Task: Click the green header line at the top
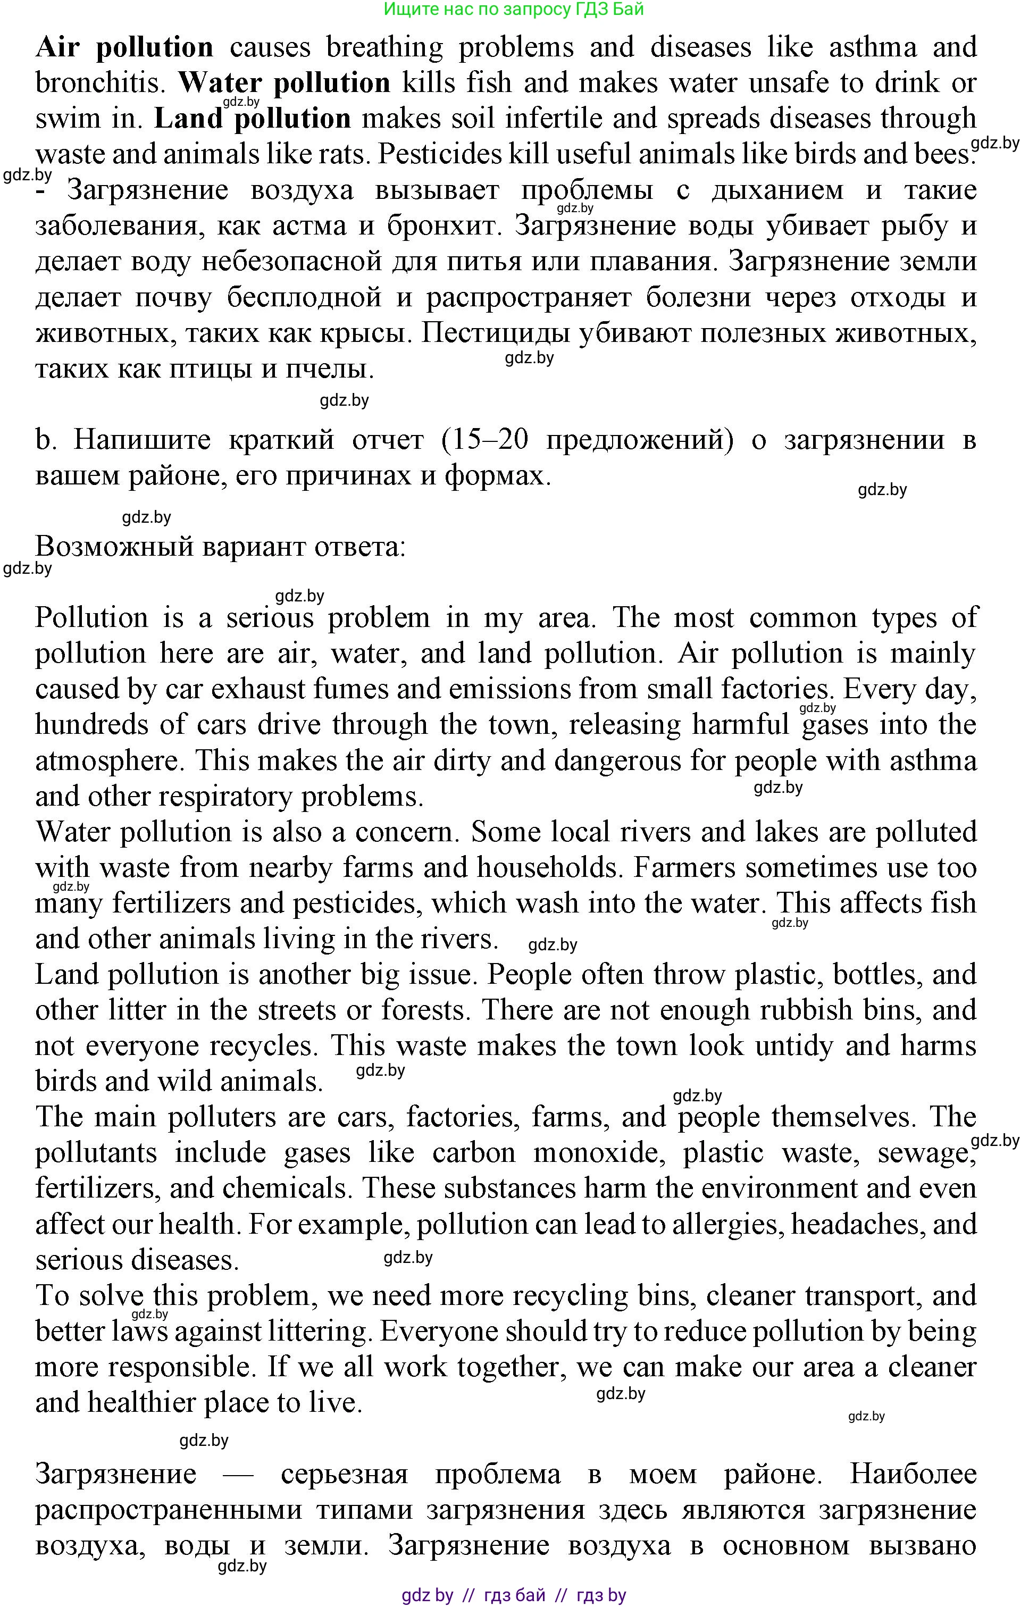tap(514, 10)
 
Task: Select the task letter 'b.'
tap(45, 440)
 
